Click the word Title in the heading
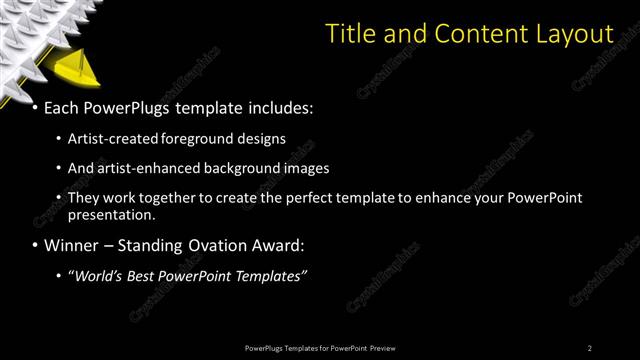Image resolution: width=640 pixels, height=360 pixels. pos(352,34)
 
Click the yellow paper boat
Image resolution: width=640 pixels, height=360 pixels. pos(73,71)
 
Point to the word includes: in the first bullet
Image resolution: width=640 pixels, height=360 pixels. pos(281,107)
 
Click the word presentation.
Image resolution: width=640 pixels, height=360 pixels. pos(111,215)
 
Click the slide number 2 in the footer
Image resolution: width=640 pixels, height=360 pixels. pos(589,348)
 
